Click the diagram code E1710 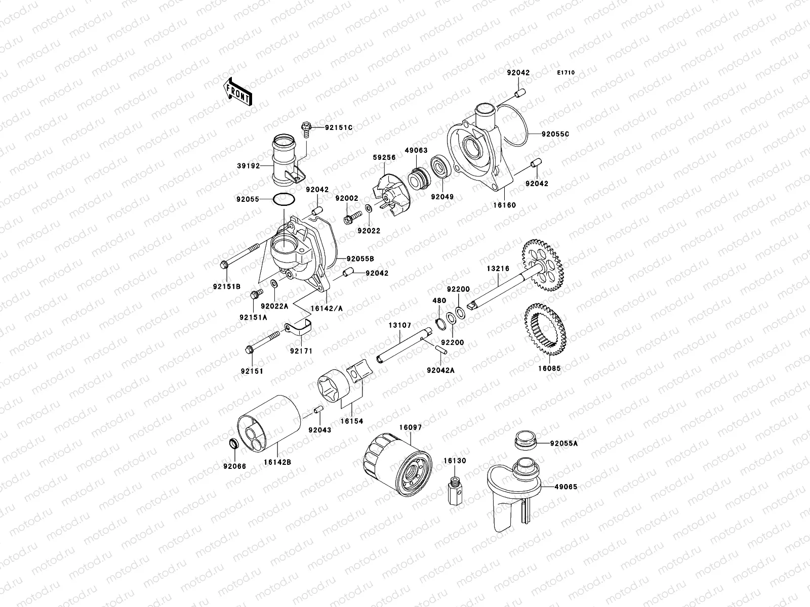point(566,73)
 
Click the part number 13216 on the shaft point(498,269)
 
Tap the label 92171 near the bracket point(301,351)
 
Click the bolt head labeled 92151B point(225,264)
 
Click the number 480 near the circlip point(439,300)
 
